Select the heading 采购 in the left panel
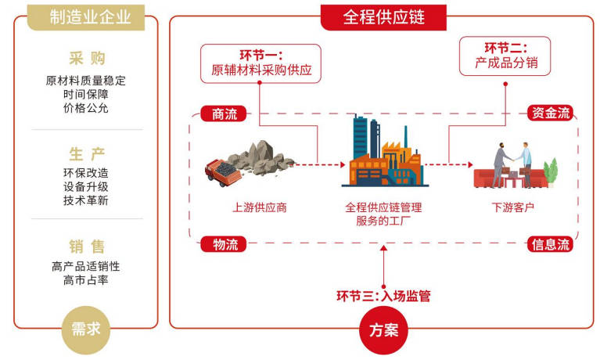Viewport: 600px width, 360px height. coord(86,58)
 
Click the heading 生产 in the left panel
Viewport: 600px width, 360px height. coord(86,153)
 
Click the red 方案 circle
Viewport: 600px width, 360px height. coord(383,329)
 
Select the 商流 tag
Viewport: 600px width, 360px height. coord(224,114)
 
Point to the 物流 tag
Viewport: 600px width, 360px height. coord(225,244)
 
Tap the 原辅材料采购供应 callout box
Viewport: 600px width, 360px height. coord(261,63)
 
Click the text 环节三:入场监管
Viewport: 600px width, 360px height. coord(383,296)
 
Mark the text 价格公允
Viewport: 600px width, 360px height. coord(86,108)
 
